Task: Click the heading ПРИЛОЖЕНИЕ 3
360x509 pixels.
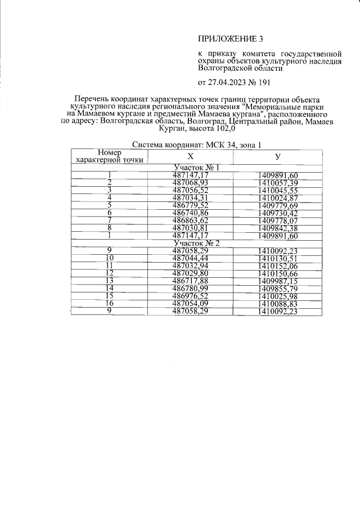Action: (x=231, y=39)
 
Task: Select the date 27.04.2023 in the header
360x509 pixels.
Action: (x=228, y=82)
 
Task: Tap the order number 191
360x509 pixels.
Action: (x=263, y=82)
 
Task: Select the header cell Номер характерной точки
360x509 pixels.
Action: (x=109, y=156)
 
